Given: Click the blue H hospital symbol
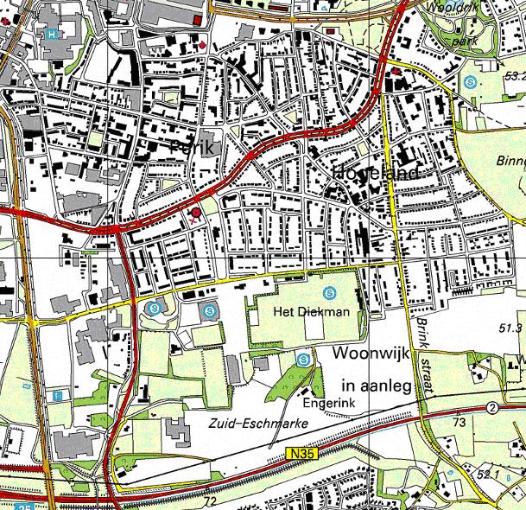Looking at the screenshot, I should click(54, 35).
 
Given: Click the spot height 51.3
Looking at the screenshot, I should click(511, 328).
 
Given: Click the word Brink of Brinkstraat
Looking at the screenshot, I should click(421, 329).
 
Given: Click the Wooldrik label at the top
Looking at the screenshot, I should click(448, 6).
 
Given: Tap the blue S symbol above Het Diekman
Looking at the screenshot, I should click(333, 291).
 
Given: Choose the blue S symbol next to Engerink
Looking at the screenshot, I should click(302, 359).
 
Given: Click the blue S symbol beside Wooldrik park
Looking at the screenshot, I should click(470, 83).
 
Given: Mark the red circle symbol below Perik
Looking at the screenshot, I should click(196, 212).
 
